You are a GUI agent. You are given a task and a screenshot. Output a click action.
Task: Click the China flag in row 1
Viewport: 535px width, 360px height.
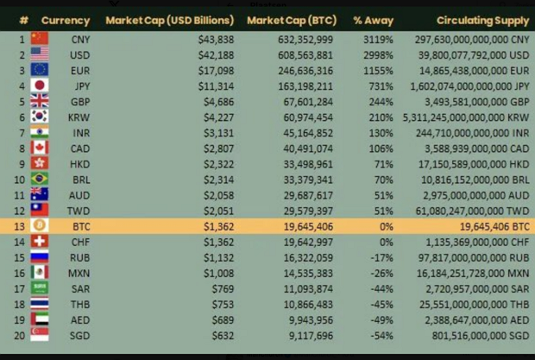[x=40, y=38]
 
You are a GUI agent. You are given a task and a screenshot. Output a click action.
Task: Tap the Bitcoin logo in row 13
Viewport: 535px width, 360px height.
[x=40, y=225]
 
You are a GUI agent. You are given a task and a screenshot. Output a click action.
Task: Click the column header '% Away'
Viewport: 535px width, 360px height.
[x=373, y=19]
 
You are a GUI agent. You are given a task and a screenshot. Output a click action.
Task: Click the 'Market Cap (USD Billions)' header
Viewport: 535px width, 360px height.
[x=169, y=19]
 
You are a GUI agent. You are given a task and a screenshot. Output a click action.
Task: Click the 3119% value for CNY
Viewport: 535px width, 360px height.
[x=378, y=38]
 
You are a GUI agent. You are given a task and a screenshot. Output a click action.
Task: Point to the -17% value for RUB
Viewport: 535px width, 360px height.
[x=382, y=256]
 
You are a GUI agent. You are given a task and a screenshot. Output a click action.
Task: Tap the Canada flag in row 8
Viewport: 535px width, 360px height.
[x=40, y=147]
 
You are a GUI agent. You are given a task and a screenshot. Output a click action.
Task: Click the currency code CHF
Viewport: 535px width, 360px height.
[x=79, y=241]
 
